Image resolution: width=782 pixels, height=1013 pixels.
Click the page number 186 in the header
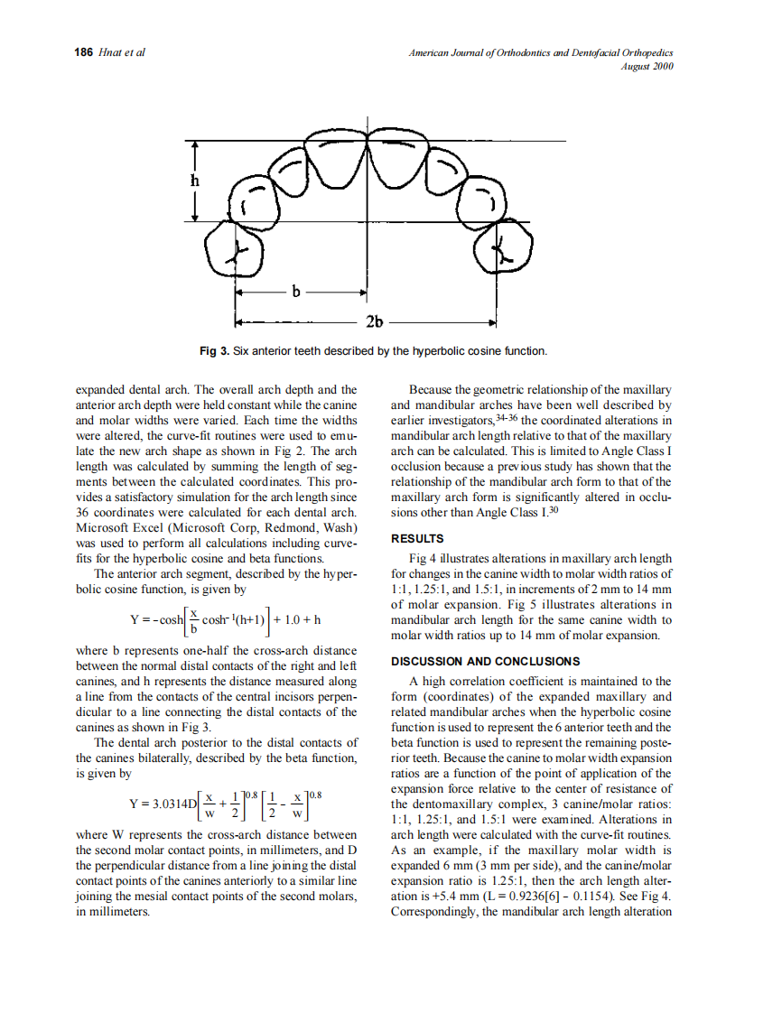(x=83, y=52)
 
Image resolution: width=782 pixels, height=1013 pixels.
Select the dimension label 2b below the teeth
(x=374, y=321)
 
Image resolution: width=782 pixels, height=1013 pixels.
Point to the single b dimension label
(x=295, y=291)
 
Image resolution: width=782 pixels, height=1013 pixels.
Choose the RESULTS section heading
(x=417, y=539)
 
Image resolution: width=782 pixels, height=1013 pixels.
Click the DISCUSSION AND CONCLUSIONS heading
(x=479, y=662)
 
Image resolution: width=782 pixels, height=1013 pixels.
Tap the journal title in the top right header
(x=541, y=52)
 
